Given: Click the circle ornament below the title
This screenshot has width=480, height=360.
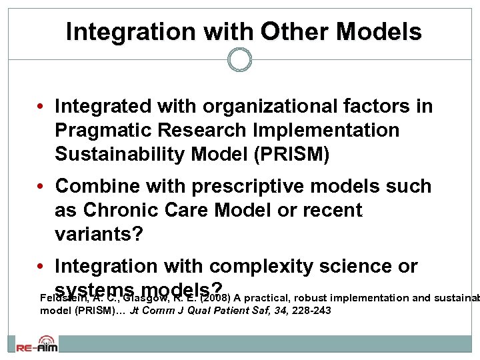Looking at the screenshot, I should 239,61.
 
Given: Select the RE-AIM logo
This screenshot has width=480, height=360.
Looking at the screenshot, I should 37,345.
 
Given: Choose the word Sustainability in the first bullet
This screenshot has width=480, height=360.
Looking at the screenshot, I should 120,155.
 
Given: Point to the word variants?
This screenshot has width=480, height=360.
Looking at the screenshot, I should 96,234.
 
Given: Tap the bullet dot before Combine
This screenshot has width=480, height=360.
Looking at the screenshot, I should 41,186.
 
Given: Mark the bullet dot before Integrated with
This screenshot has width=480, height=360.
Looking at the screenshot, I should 41,106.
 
